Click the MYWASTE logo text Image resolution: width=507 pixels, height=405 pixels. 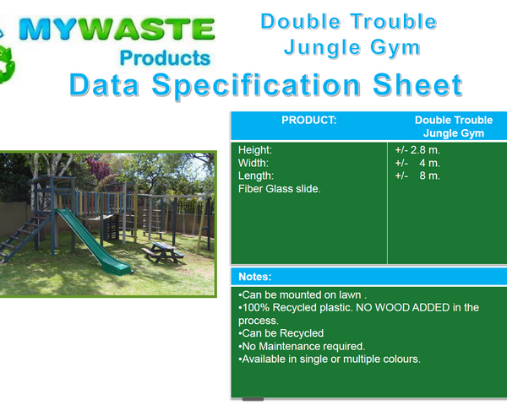pyautogui.click(x=117, y=29)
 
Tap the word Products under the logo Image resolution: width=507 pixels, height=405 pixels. pyautogui.click(x=165, y=58)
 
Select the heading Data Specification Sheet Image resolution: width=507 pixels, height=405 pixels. pyautogui.click(x=266, y=84)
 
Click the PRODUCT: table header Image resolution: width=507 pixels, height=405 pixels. pyautogui.click(x=308, y=120)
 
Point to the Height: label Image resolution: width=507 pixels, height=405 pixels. pyautogui.click(x=255, y=150)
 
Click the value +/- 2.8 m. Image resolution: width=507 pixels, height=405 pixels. pyautogui.click(x=417, y=150)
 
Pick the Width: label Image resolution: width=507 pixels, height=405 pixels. pyautogui.click(x=253, y=163)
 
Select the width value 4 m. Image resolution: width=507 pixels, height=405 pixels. pyautogui.click(x=429, y=163)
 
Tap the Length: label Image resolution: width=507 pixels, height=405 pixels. pyautogui.click(x=256, y=175)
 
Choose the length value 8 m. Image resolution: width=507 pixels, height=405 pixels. pyautogui.click(x=429, y=175)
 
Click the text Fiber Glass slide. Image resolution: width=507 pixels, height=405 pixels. pyautogui.click(x=280, y=189)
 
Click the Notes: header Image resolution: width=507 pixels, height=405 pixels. pyautogui.click(x=255, y=277)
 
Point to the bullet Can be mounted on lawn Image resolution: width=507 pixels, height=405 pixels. pyautogui.click(x=303, y=294)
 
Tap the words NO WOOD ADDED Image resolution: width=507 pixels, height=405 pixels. pyautogui.click(x=402, y=307)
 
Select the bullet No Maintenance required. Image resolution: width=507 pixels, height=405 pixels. pyautogui.click(x=302, y=346)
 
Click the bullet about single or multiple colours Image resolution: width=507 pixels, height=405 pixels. pyautogui.click(x=330, y=359)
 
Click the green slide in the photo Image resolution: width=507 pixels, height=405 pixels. pyautogui.click(x=93, y=241)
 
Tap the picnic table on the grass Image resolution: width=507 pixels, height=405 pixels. pyautogui.click(x=162, y=252)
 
